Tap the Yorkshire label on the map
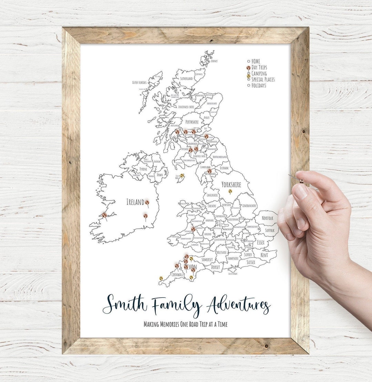(x=231, y=185)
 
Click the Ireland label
(x=135, y=202)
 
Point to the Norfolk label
(x=267, y=218)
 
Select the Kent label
(x=264, y=255)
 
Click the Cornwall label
(x=174, y=275)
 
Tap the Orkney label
(x=214, y=61)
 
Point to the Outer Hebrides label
(x=139, y=83)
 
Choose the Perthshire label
(x=192, y=122)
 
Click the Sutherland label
(x=186, y=79)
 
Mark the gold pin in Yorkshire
(x=230, y=191)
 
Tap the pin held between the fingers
(x=301, y=181)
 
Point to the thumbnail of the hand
(x=300, y=192)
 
